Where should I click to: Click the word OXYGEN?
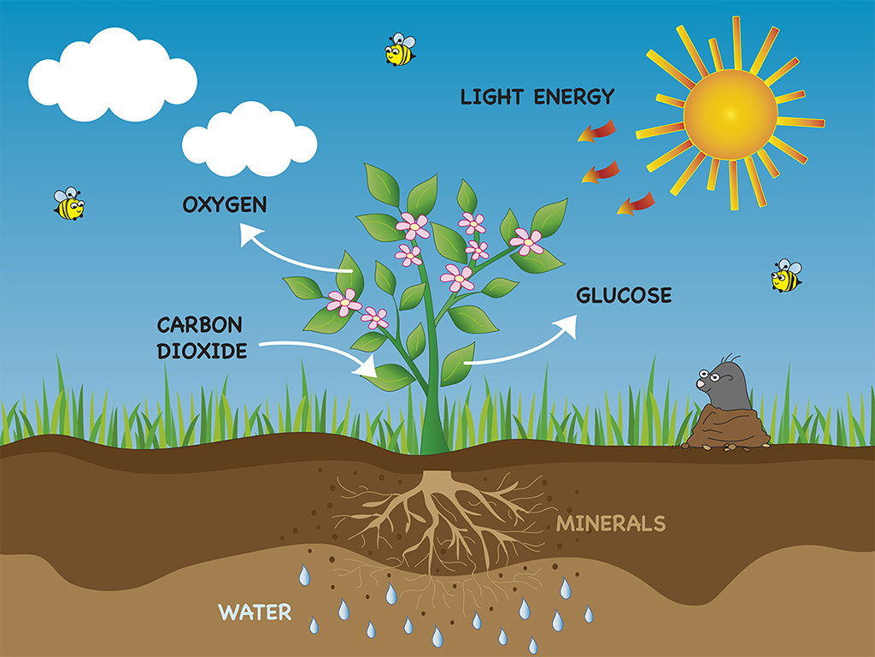pos(225,204)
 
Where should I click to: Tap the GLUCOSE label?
pos(624,295)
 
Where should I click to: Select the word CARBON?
pos(200,325)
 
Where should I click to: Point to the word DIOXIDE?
pos(202,352)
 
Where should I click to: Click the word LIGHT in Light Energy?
pos(491,98)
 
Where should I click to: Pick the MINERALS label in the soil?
pos(611,524)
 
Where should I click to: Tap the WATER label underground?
pos(255,613)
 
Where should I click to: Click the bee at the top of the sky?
pos(400,49)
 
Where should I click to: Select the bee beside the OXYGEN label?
pos(68,204)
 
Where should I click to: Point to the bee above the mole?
pos(786,275)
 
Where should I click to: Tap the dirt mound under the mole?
pos(726,428)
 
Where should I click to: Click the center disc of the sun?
pos(730,115)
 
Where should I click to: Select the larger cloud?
pos(113,75)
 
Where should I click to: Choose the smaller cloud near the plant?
pos(250,139)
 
